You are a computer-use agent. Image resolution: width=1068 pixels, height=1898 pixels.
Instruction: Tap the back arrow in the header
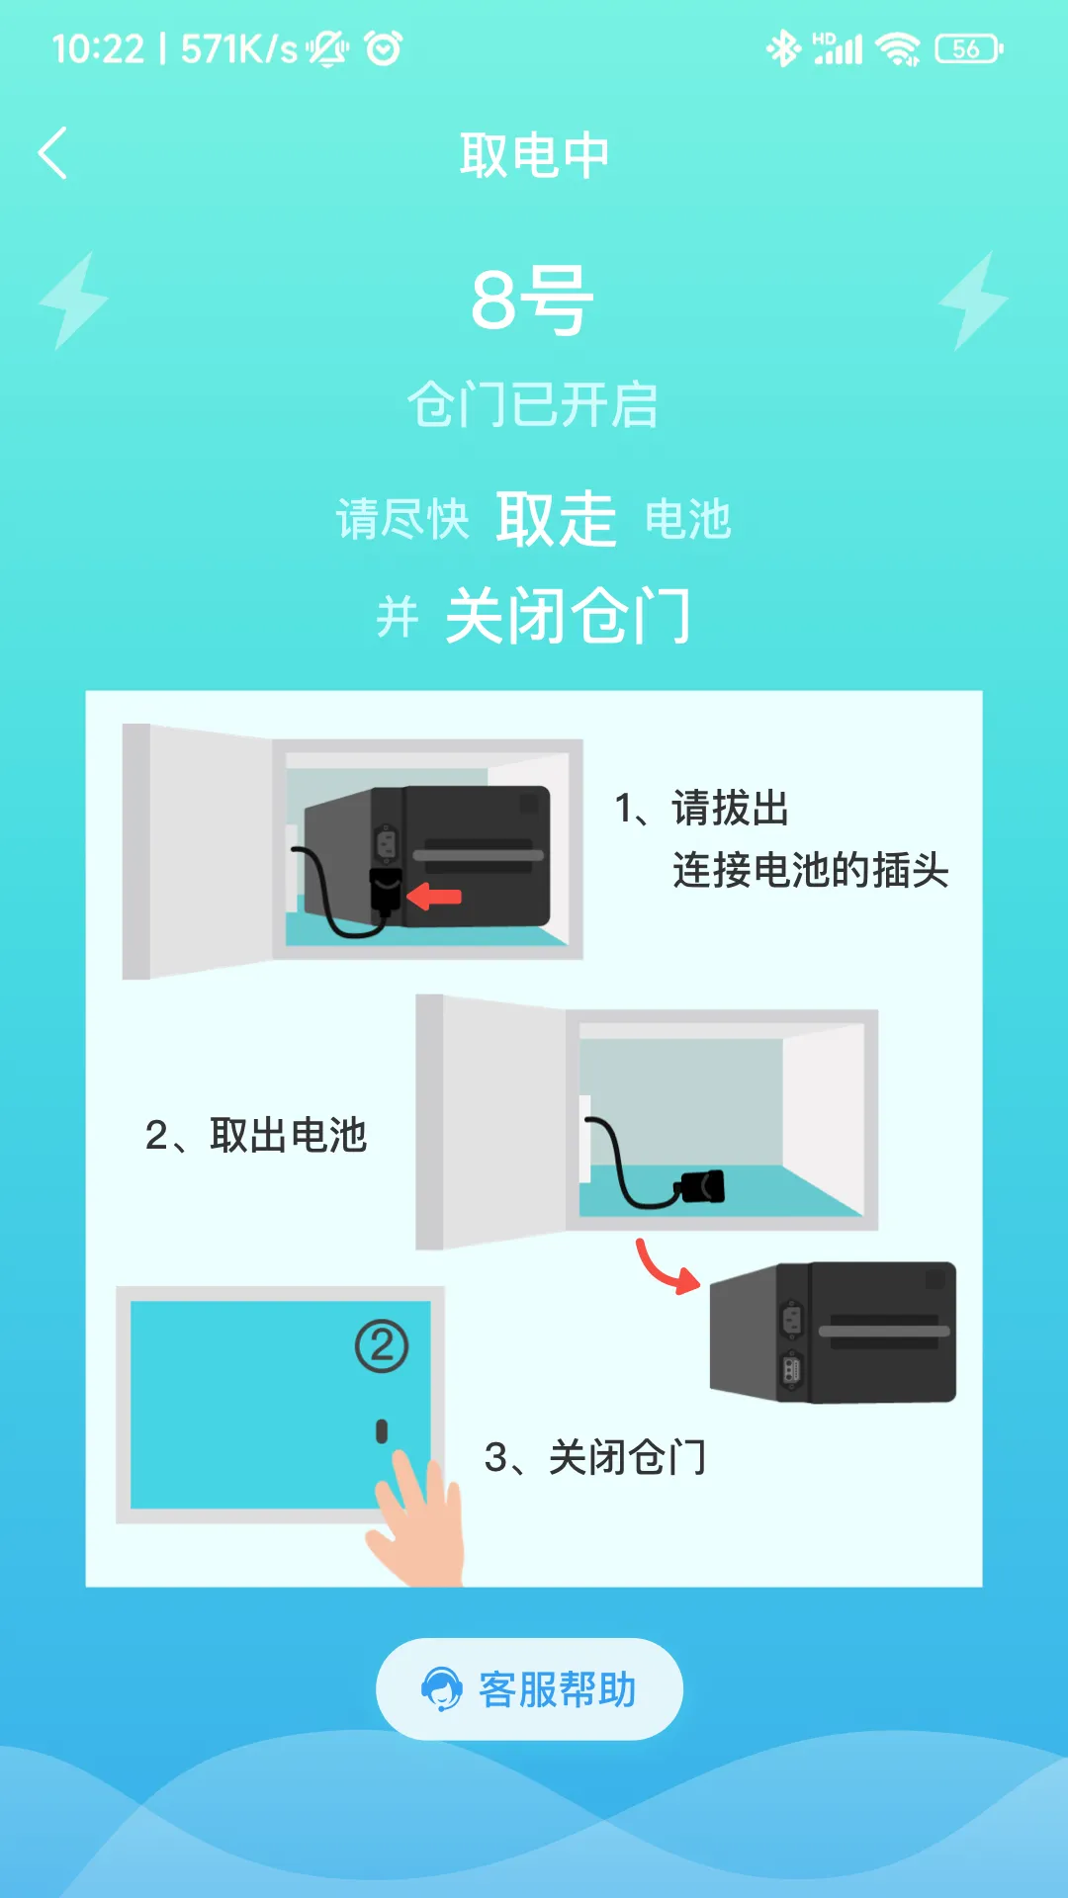tap(53, 153)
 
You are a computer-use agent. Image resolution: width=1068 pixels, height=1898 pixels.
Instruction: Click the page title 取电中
tap(534, 155)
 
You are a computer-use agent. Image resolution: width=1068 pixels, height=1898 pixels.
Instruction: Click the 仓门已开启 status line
tap(533, 405)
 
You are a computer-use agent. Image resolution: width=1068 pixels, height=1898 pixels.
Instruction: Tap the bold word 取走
tap(556, 519)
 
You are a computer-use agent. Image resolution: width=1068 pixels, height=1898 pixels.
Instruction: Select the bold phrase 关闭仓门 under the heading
tap(568, 616)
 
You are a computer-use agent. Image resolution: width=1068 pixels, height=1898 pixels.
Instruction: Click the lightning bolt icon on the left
tap(73, 301)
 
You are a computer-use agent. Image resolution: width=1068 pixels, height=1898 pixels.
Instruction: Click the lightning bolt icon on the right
tap(973, 301)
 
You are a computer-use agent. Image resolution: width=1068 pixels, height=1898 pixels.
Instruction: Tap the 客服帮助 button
tap(530, 1689)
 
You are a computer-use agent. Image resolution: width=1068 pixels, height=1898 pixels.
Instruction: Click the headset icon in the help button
tap(441, 1689)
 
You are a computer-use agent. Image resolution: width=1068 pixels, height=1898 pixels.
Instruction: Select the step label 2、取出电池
tap(256, 1135)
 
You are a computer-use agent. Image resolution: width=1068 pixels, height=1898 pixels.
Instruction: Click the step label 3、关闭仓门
tap(595, 1457)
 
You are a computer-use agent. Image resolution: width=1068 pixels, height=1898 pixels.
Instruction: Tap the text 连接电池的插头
tap(810, 871)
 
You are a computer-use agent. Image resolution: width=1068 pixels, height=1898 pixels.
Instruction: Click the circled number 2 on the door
tap(382, 1345)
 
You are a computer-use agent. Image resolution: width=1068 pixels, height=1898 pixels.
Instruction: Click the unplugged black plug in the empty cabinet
tap(701, 1186)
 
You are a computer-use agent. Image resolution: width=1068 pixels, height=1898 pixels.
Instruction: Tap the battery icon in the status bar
tap(968, 48)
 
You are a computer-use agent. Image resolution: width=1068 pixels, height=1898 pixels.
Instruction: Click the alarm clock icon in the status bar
tap(384, 48)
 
